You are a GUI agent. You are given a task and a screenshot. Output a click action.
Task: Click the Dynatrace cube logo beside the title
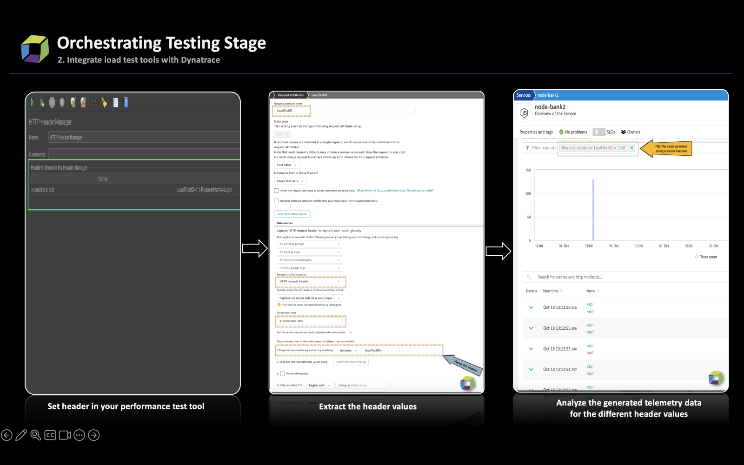click(35, 49)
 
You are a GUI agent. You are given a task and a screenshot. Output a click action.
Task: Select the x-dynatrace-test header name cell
click(43, 190)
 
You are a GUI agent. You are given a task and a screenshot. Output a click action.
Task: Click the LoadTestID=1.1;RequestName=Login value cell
click(205, 190)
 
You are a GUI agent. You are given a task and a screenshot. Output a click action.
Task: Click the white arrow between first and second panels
click(254, 248)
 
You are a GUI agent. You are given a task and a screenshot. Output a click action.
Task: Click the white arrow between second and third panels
click(498, 251)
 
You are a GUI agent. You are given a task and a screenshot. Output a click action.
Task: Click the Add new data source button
click(292, 214)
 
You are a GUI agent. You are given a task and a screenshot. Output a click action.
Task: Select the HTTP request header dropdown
click(310, 281)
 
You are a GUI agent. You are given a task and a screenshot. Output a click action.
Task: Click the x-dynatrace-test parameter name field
click(310, 321)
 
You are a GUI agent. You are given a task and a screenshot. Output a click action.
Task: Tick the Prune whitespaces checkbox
click(282, 374)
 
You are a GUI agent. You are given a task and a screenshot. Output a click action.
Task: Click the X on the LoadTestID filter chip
click(631, 148)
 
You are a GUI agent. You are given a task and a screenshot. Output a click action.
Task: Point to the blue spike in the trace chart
click(593, 209)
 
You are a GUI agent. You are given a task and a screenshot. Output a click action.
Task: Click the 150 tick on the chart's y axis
click(528, 170)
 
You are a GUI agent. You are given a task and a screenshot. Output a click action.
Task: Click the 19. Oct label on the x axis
click(614, 246)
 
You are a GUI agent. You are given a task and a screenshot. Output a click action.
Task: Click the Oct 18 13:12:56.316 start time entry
click(560, 307)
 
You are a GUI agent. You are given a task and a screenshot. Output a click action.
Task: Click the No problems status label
click(576, 132)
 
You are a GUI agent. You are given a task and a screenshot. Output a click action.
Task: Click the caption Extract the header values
click(367, 406)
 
